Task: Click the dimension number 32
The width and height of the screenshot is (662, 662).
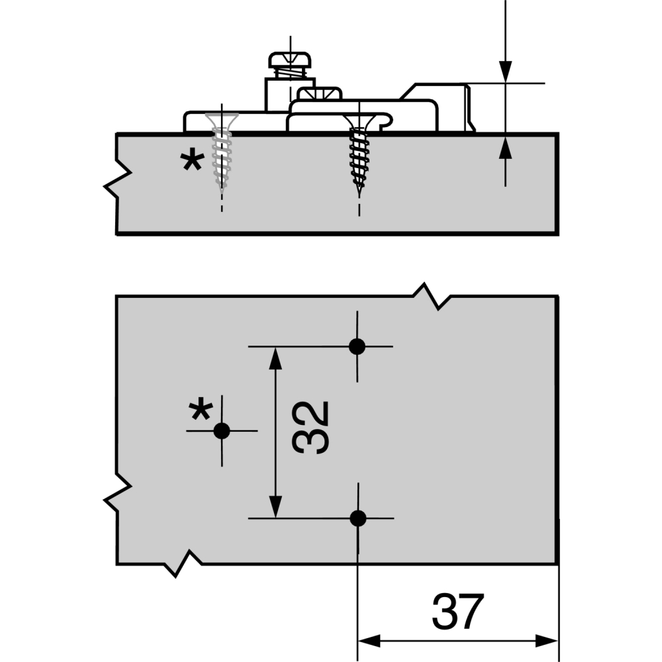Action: (x=310, y=427)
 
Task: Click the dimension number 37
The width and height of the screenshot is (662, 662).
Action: (x=457, y=611)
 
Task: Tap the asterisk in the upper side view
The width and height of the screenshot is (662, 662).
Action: (x=193, y=160)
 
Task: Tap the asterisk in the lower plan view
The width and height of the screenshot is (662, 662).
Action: (x=201, y=408)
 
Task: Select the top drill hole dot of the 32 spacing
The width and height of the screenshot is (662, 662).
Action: (x=357, y=347)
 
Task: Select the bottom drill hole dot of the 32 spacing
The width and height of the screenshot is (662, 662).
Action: (x=358, y=518)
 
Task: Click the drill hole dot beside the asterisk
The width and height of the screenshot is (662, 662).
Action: (x=222, y=431)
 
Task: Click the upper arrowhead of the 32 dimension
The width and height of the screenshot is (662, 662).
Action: (x=275, y=358)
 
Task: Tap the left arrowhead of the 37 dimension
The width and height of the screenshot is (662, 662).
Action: (x=369, y=641)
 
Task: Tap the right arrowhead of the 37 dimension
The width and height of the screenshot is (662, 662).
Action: (x=547, y=641)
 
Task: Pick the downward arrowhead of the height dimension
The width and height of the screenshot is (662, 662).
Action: (x=505, y=71)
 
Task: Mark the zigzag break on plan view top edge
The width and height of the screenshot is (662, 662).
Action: (x=432, y=297)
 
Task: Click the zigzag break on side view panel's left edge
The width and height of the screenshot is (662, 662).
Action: (x=118, y=179)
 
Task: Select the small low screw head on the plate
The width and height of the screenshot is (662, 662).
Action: (x=319, y=93)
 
